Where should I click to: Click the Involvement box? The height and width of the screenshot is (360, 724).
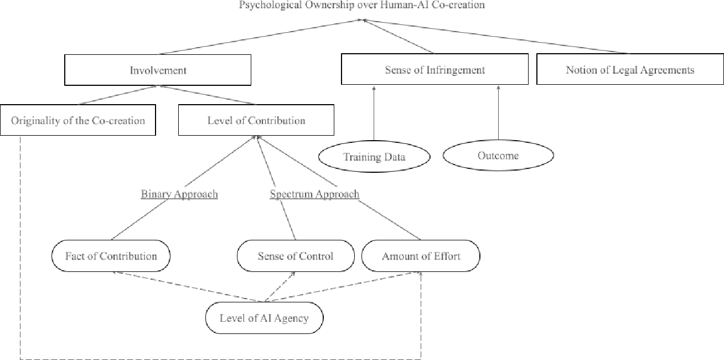point(158,70)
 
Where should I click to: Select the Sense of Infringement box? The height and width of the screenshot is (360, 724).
point(435,70)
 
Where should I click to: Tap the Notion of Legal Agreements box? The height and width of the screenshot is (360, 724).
point(630,70)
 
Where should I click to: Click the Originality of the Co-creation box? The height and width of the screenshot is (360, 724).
point(78,120)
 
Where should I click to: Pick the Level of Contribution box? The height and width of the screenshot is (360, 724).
point(256,120)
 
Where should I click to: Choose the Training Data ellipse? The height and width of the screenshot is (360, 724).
point(374,157)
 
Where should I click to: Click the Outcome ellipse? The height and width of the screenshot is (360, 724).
point(498,156)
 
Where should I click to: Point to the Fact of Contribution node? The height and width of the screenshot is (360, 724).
point(111,256)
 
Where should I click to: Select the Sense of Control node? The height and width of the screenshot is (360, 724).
point(296,256)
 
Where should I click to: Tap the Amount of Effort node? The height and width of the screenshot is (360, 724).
point(421,256)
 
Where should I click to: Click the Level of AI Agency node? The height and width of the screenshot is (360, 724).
point(263,318)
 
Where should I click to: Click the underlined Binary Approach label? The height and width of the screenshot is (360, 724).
point(179,194)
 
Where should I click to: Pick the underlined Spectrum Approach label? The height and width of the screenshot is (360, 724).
point(314,194)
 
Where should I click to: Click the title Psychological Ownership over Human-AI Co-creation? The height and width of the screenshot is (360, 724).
point(362,5)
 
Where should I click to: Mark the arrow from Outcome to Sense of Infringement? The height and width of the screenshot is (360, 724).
point(498,114)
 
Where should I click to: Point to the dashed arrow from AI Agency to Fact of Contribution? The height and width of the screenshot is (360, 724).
point(188,287)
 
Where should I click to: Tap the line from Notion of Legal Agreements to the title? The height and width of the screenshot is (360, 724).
point(498,37)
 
